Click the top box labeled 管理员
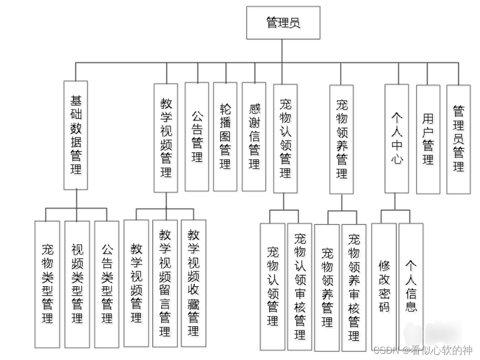click(283, 23)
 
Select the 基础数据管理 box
click(76, 135)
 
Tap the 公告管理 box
click(197, 136)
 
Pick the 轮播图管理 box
click(225, 136)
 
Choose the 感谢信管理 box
click(254, 136)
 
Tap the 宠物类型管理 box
click(48, 284)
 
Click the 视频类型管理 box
click(77, 284)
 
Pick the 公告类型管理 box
click(107, 284)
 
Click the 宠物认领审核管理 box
click(300, 284)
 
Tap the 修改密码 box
click(384, 284)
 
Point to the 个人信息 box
click(411, 284)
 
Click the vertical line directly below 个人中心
click(395, 201)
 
